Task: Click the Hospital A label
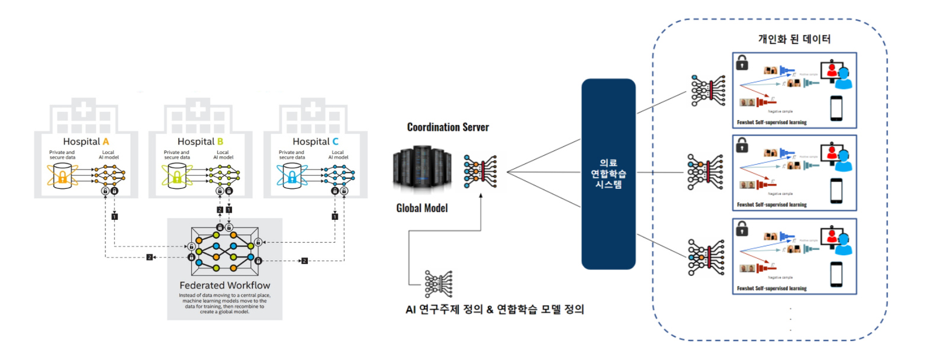point(86,142)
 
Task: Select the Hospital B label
point(200,142)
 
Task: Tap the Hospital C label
point(316,142)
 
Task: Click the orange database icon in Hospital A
point(62,176)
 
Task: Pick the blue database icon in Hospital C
point(292,176)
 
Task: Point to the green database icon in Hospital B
point(177,176)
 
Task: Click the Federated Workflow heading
point(225,285)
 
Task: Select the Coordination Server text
point(448,127)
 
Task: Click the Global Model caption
point(422,208)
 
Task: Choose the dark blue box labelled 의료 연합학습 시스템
point(609,173)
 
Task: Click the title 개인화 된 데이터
point(794,39)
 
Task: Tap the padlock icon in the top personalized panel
point(742,62)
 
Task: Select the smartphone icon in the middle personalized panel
point(837,190)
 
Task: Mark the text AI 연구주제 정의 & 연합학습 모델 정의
point(495,309)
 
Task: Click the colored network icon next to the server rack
point(480,172)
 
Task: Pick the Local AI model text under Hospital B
point(223,155)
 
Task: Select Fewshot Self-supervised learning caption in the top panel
point(771,123)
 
